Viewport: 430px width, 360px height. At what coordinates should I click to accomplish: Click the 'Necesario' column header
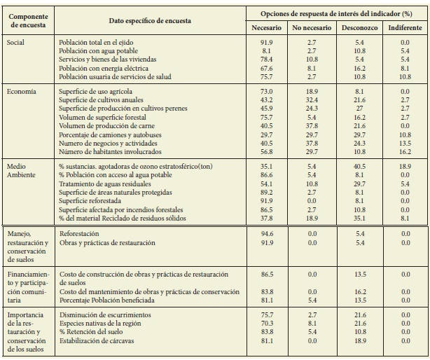(x=266, y=27)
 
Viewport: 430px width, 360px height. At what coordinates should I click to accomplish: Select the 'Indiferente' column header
(x=405, y=27)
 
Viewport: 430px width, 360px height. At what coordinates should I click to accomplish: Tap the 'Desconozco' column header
(x=359, y=27)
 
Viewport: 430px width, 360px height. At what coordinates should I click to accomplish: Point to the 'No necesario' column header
(x=312, y=27)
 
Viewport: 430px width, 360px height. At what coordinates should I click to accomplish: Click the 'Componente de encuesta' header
(x=27, y=20)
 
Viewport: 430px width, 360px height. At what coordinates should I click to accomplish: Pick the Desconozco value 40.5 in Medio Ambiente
(x=359, y=166)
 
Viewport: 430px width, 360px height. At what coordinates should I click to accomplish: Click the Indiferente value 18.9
(x=405, y=166)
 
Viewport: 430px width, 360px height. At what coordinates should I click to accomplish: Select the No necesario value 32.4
(x=312, y=100)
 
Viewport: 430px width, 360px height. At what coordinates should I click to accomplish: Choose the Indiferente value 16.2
(x=405, y=151)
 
